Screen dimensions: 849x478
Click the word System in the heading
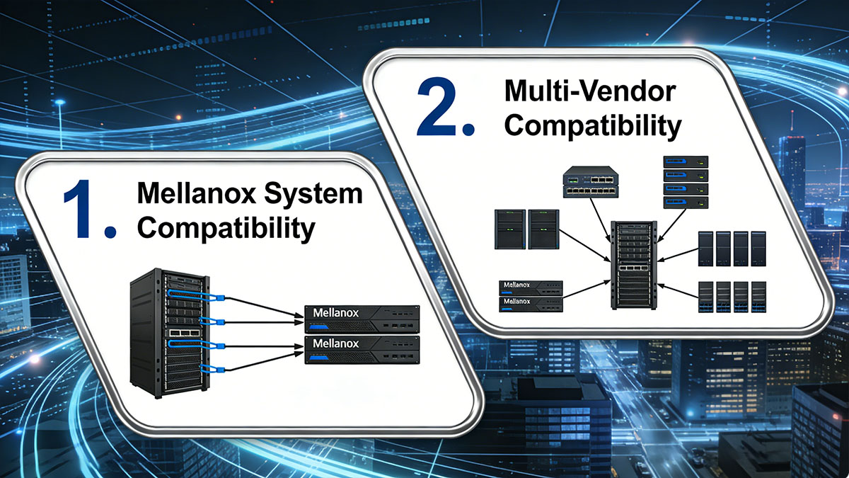313,195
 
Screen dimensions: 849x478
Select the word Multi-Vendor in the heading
590,91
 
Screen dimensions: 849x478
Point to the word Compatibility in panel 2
593,126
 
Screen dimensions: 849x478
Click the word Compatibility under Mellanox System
226,228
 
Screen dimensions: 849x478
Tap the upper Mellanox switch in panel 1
362,319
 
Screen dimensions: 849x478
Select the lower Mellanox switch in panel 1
362,350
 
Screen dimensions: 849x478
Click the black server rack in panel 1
169,333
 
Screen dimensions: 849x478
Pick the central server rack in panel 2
633,265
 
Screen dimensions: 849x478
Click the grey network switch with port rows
591,182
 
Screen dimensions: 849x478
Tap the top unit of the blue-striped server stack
686,162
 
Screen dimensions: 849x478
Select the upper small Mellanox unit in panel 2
531,288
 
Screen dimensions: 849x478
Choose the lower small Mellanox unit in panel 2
531,305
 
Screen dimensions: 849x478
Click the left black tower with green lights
510,229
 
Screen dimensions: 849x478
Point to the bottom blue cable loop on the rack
212,368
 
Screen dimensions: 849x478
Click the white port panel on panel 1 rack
185,333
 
